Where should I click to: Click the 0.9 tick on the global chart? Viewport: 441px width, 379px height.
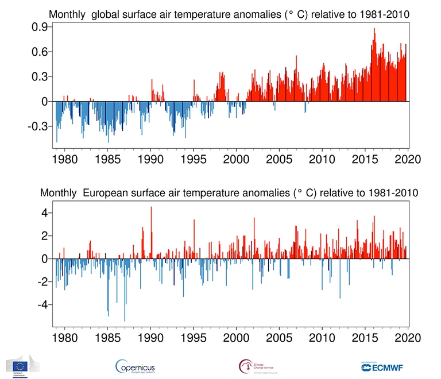click(x=40, y=27)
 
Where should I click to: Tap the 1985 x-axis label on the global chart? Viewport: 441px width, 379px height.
click(x=107, y=158)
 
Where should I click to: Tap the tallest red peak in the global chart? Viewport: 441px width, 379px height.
click(x=374, y=29)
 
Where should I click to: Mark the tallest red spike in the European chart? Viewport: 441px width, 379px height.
click(x=151, y=207)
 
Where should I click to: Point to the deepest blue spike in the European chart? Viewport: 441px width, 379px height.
click(x=125, y=320)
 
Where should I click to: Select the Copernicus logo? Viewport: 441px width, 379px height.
click(x=135, y=366)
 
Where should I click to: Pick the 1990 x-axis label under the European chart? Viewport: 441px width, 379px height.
click(x=150, y=337)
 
